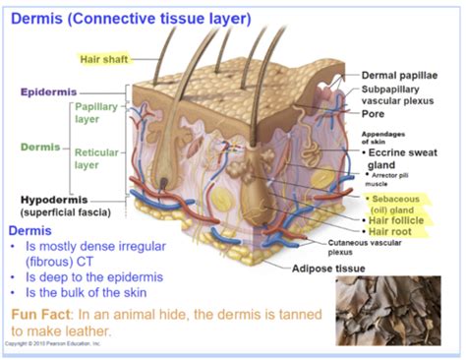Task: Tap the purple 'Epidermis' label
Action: point(50,92)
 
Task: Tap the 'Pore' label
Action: point(374,113)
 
